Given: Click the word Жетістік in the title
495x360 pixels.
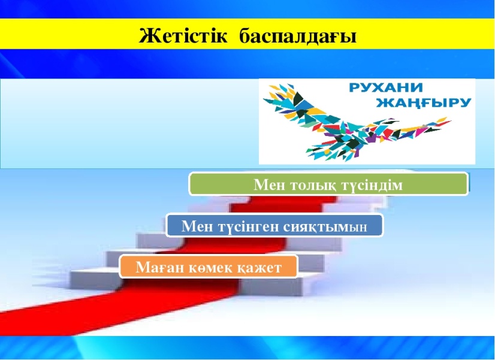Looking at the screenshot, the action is point(183,36).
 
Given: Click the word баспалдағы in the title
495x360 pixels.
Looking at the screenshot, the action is point(298,37).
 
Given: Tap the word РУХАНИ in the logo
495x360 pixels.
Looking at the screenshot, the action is point(385,87).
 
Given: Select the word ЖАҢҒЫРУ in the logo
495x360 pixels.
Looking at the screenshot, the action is point(423,103).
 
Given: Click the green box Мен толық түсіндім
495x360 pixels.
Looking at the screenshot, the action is point(328,184).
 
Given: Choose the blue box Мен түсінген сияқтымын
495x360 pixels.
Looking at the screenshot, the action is point(274,226).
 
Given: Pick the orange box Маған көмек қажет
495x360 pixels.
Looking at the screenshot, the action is point(209,267).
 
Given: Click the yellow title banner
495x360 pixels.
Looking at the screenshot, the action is point(248,34).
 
